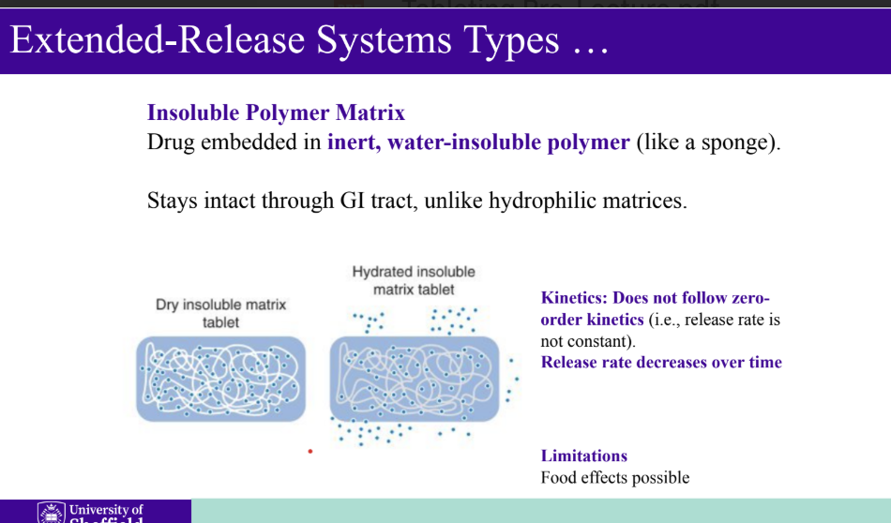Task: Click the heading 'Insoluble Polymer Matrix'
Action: point(276,113)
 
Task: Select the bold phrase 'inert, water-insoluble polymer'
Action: point(478,143)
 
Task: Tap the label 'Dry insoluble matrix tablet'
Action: point(220,313)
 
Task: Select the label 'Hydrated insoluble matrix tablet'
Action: point(414,280)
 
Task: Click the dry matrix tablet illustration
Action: point(221,379)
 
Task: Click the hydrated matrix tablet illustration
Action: point(415,379)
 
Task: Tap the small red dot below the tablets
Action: point(310,452)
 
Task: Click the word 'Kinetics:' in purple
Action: point(574,298)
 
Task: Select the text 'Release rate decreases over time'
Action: point(661,363)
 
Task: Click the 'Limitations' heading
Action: point(583,456)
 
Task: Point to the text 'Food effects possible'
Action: point(614,478)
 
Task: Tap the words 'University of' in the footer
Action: point(107,509)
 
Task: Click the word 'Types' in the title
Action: point(510,41)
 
